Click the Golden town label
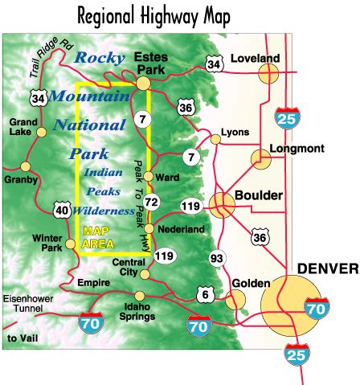pos(248,283)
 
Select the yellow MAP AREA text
pos(100,236)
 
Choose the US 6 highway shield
pos(207,295)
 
